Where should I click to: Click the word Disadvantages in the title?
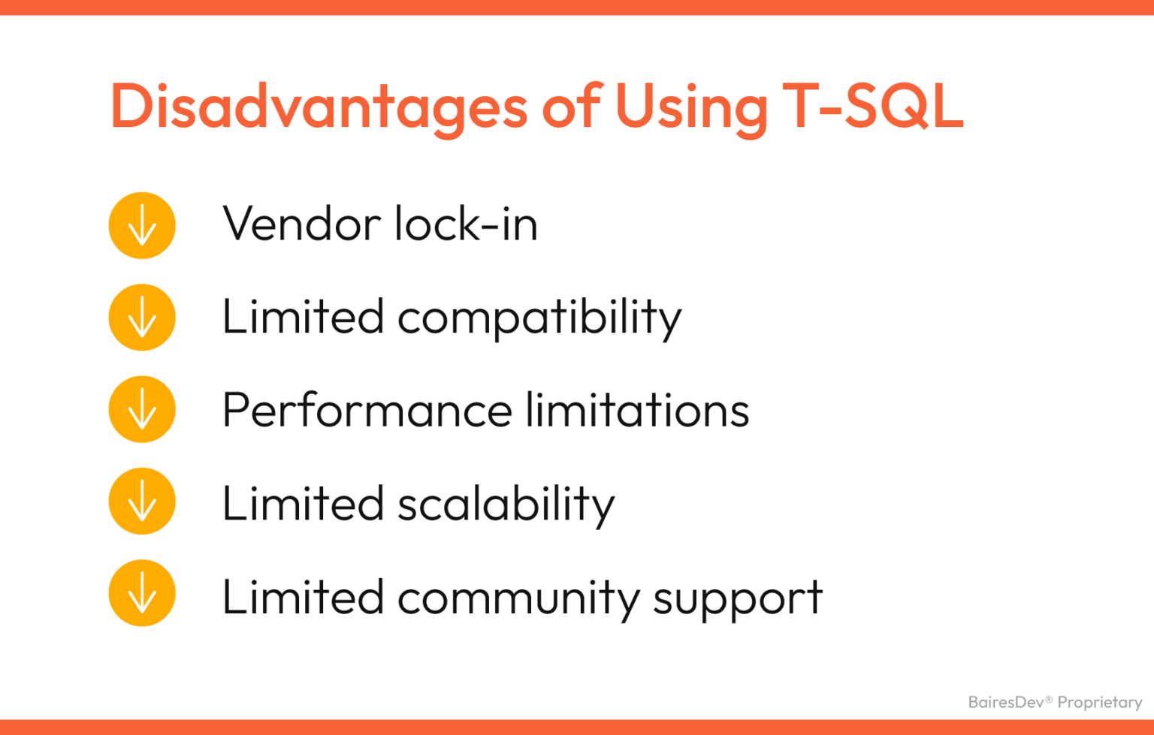(319, 107)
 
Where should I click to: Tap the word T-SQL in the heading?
(872, 107)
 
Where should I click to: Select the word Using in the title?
(691, 107)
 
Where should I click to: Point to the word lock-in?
(466, 224)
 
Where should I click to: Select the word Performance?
(367, 411)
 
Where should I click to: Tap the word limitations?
(637, 411)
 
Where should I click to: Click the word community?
(518, 598)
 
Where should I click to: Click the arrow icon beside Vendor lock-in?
(142, 225)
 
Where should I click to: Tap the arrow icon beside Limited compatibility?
(142, 318)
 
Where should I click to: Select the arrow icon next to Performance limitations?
(142, 409)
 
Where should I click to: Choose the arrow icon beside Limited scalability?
(142, 502)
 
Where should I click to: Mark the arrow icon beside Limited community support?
(142, 593)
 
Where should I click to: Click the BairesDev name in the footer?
(1006, 702)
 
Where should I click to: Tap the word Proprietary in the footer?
(1099, 703)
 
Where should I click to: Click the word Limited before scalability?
(303, 503)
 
